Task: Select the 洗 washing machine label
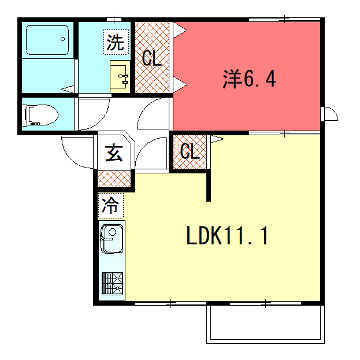tap(117, 43)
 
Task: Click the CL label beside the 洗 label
tap(151, 59)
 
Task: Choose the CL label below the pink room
tap(187, 151)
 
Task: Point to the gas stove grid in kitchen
tap(110, 283)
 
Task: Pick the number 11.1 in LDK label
tap(249, 237)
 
